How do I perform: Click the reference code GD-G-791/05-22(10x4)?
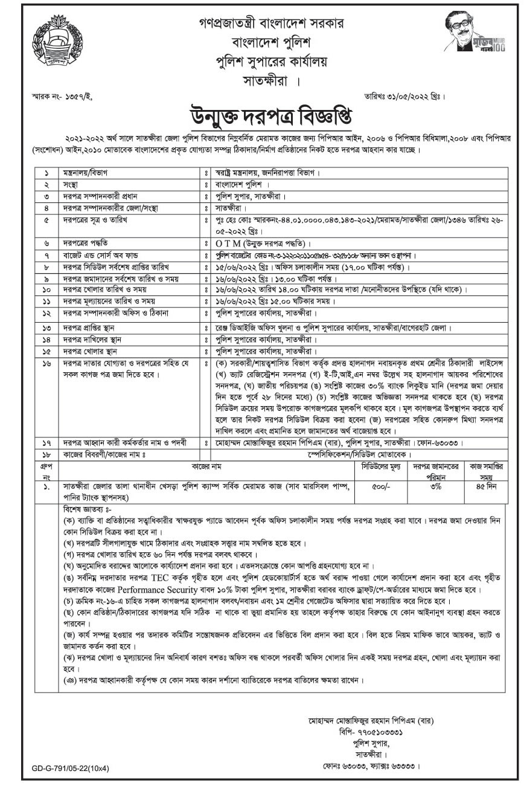coord(72,769)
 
